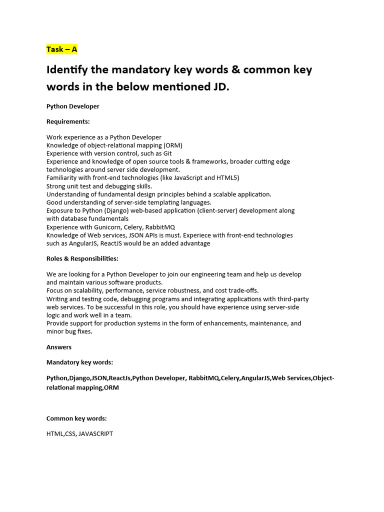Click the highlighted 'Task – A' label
pos(61,49)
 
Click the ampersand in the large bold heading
pos(226,69)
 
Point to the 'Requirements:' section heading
pos(68,121)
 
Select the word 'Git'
pos(167,153)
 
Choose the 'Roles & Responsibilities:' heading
pos(82,258)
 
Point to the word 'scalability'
pos(85,290)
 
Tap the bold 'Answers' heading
pos(59,347)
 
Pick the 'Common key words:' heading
pos(76,418)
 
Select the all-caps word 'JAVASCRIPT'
pos(95,434)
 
